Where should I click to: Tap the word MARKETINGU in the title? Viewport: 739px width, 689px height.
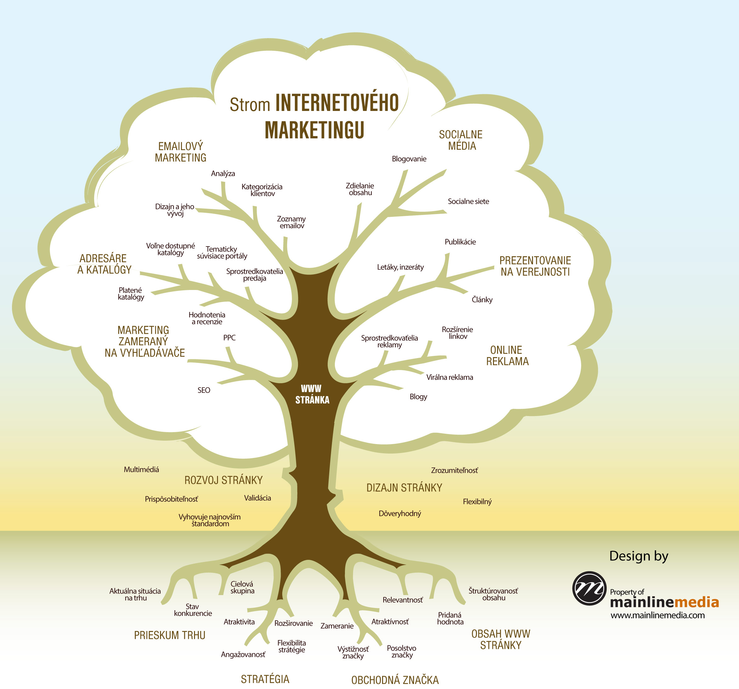point(314,130)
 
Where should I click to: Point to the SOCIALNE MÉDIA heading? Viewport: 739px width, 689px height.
point(461,140)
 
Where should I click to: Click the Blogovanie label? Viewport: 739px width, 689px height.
point(409,159)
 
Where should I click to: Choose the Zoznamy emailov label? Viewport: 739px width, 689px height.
point(291,222)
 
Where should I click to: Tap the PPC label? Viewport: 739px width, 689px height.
point(229,338)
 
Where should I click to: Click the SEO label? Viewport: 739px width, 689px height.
point(204,390)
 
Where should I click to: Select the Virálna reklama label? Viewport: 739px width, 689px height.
point(450,377)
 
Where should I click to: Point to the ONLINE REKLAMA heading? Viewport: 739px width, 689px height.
point(507,355)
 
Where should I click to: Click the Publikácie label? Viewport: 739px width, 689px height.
point(460,242)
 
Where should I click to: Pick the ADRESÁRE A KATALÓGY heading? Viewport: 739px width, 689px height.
point(104,264)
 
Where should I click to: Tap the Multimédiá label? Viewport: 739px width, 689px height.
point(141,470)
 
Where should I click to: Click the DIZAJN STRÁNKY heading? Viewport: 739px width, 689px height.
point(404,488)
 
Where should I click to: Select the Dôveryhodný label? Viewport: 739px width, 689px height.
point(400,513)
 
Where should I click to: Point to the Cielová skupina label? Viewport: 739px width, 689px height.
point(242,587)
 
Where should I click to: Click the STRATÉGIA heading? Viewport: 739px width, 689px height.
point(265,679)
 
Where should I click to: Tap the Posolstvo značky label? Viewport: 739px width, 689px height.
point(401,651)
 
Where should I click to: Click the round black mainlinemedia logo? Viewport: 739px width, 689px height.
point(589,588)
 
